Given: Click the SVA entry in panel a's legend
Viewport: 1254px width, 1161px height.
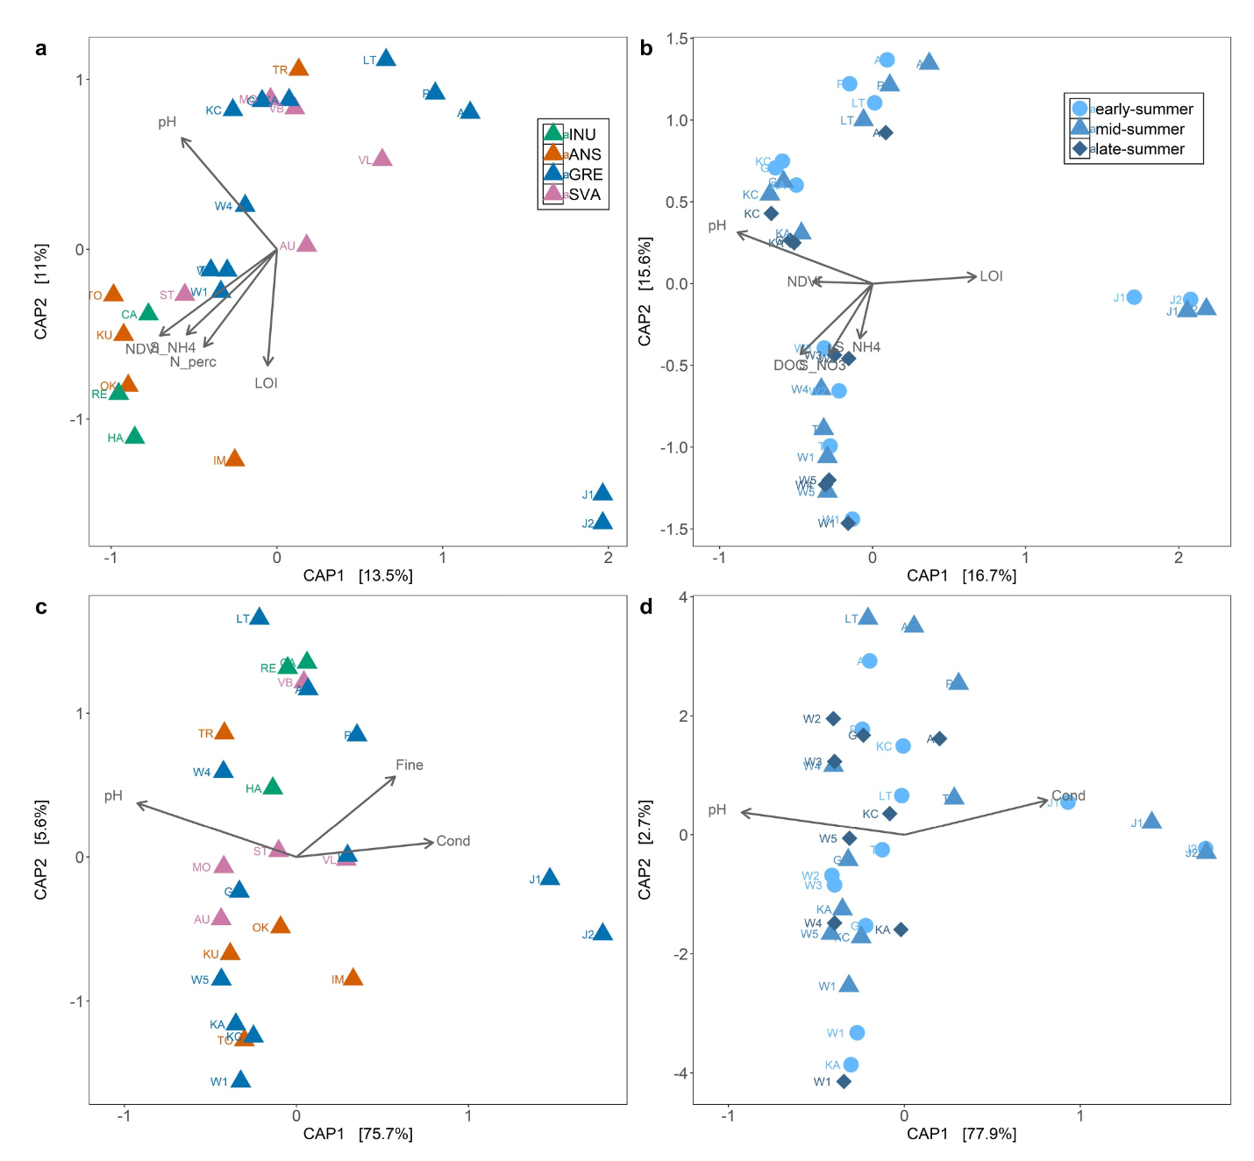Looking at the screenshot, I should click(x=574, y=194).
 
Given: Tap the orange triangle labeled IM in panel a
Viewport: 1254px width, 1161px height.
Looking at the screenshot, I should click(x=234, y=459).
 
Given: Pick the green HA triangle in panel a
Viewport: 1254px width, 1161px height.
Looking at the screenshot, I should click(x=134, y=436).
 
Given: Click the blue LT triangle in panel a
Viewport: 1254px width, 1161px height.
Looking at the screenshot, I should click(x=386, y=59).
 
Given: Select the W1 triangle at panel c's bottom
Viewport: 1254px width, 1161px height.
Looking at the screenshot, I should click(x=240, y=1080).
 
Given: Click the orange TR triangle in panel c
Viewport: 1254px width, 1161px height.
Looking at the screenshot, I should click(x=224, y=732).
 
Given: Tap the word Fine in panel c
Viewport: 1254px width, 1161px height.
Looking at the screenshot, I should click(x=410, y=765).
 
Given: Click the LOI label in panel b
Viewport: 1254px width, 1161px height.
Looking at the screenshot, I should click(x=991, y=276).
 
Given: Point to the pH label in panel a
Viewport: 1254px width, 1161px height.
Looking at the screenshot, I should click(x=167, y=122).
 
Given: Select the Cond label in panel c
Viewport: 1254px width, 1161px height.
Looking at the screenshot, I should click(x=453, y=841).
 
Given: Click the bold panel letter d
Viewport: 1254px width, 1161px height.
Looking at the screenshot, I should click(x=646, y=607).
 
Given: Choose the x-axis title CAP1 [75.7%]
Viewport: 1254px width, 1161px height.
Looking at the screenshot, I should click(x=358, y=1134).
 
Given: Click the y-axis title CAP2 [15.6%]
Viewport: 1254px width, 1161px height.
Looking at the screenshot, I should click(x=645, y=291).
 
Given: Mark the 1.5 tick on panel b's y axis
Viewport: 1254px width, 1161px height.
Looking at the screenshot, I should click(x=677, y=39).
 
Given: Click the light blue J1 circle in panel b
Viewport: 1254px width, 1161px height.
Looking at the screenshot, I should click(x=1134, y=297).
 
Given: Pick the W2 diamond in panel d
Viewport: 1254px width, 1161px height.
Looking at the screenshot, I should click(x=833, y=719).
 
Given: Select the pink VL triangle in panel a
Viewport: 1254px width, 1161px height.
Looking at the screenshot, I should click(x=381, y=159).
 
